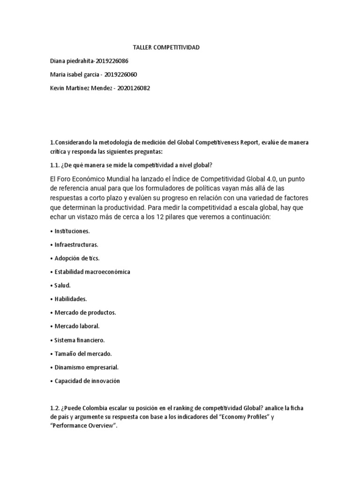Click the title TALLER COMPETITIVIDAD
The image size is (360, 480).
(x=166, y=48)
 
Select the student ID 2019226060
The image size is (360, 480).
(x=121, y=74)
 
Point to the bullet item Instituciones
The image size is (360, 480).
(x=72, y=231)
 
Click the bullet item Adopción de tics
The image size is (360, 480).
(x=76, y=258)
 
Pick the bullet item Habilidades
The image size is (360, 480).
(x=71, y=299)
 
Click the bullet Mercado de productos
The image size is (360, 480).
(x=85, y=312)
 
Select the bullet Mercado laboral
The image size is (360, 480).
(x=77, y=326)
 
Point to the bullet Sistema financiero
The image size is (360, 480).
(x=79, y=339)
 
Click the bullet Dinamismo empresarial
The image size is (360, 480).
(x=85, y=367)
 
